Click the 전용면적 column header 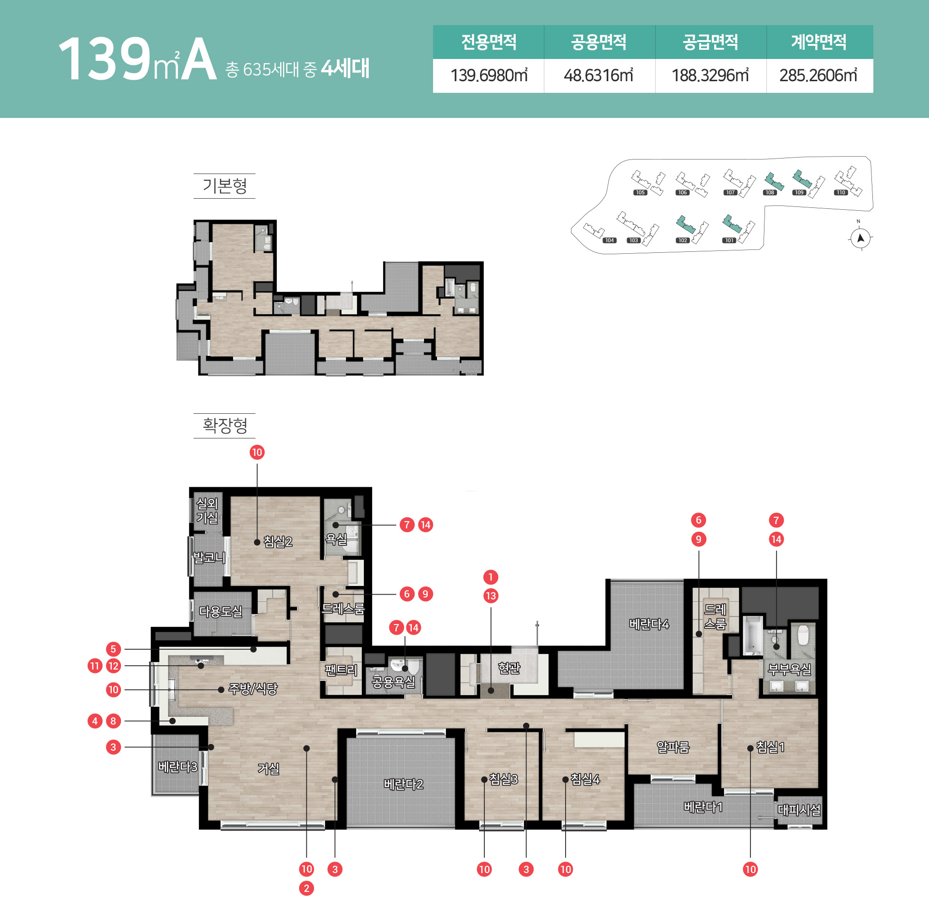click(x=489, y=42)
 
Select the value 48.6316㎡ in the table click(x=599, y=75)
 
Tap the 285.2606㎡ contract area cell click(x=819, y=75)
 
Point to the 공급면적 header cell click(x=711, y=42)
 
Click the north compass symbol click(x=860, y=237)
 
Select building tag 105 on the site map click(x=640, y=192)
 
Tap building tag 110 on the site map click(x=841, y=192)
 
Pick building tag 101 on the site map click(x=729, y=240)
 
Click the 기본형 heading click(x=225, y=186)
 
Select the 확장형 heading click(x=225, y=425)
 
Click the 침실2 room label click(x=278, y=542)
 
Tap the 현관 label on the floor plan click(x=509, y=668)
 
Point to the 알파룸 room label click(x=673, y=747)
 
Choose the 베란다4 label click(x=649, y=624)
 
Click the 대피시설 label click(x=799, y=810)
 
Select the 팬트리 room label click(x=341, y=670)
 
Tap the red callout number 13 click(x=491, y=596)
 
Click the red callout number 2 click(x=306, y=888)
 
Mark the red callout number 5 click(x=113, y=649)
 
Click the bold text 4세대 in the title click(x=345, y=68)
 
